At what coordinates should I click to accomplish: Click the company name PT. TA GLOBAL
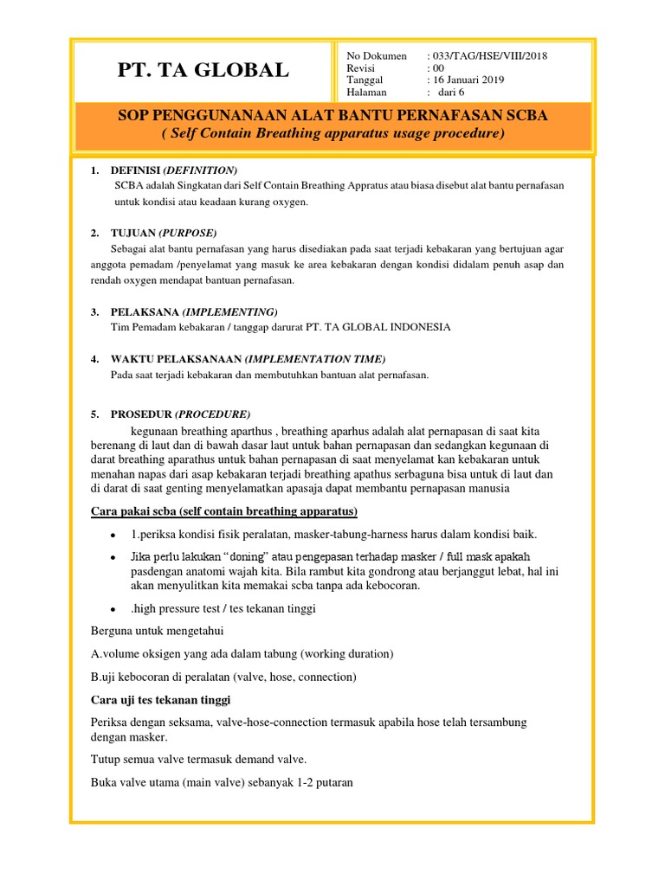pos(203,71)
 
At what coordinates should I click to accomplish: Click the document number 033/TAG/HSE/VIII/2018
pos(489,56)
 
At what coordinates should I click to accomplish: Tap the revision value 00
pos(437,68)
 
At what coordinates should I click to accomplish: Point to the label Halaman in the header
pos(366,93)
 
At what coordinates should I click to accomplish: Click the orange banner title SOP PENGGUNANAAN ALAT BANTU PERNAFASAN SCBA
pos(333,116)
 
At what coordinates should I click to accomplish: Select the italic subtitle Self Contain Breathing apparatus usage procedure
pos(333,134)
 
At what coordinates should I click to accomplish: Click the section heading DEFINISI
pos(173,170)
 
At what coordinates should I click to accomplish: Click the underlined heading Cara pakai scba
pos(224,510)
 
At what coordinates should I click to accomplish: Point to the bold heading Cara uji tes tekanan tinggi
pos(161,699)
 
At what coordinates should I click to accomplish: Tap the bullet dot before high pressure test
pos(113,609)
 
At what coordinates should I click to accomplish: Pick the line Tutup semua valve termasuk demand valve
pos(198,760)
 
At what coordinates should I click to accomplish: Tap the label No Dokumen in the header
pos(376,56)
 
